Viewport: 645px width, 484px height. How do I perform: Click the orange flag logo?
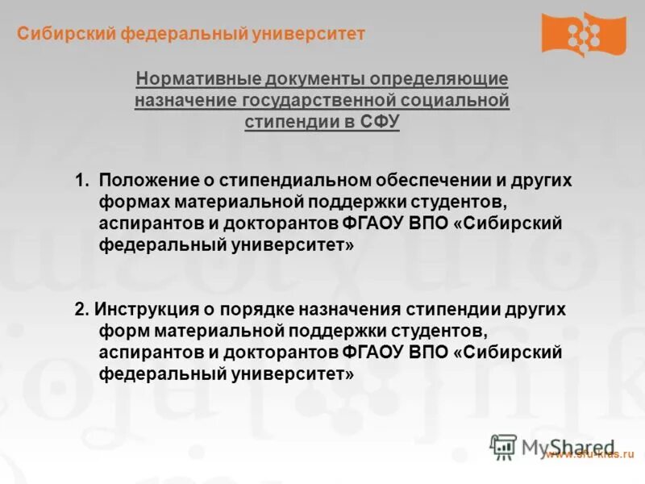pos(583,35)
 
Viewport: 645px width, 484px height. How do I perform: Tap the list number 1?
pos(81,181)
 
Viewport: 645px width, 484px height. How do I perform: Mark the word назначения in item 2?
pos(347,310)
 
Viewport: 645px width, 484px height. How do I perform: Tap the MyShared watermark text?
pos(568,447)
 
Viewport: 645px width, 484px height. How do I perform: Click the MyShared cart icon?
pos(503,447)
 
